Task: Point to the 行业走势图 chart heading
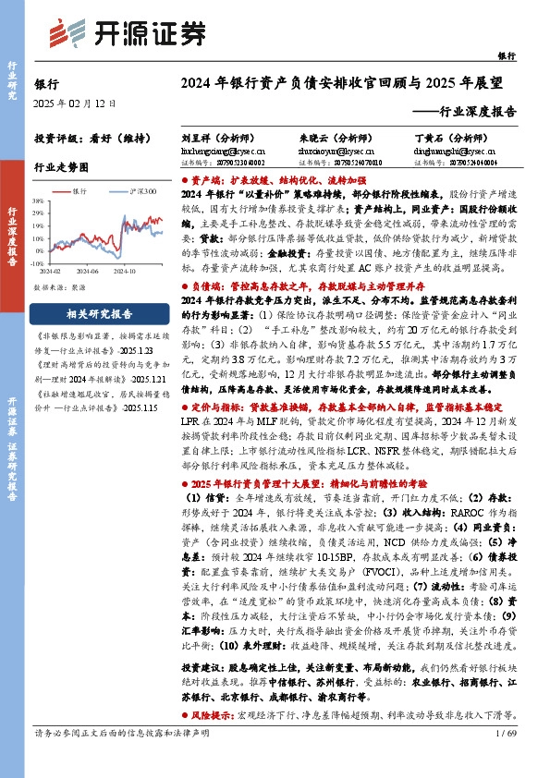pyautogui.click(x=60, y=167)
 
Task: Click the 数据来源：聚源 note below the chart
pyautogui.click(x=59, y=288)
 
